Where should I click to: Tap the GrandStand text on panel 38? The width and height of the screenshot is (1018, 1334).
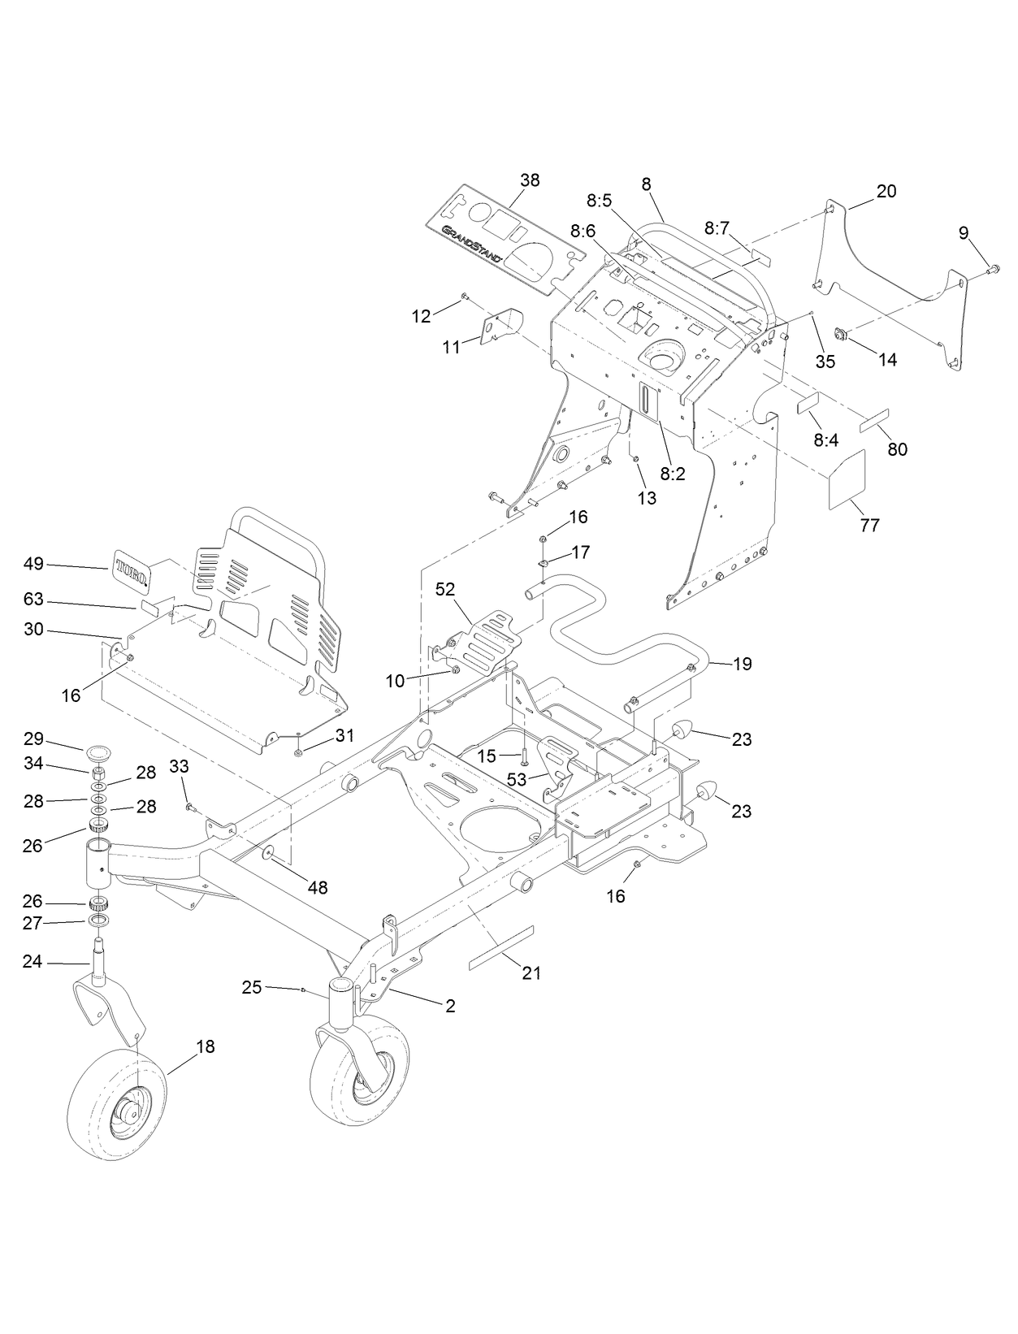[x=472, y=244]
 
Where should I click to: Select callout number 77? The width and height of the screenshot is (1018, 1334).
[x=869, y=526]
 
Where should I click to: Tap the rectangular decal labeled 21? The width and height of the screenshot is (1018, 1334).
[x=501, y=947]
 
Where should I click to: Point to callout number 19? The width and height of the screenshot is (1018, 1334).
[x=742, y=664]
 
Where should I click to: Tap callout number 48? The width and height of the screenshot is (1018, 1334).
[x=317, y=888]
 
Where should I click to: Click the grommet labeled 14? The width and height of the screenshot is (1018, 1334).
[x=842, y=334]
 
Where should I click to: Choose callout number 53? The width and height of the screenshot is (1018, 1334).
[x=517, y=778]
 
